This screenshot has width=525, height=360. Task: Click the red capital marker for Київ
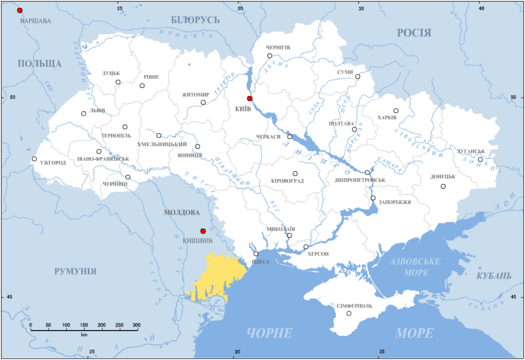[249, 98]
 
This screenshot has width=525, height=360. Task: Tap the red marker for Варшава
[20, 11]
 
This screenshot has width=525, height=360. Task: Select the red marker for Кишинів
[203, 231]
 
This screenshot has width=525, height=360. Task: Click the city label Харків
[387, 117]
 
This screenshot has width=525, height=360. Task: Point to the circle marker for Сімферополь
[349, 314]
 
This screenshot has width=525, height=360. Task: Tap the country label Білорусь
[195, 20]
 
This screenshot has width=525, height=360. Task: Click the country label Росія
[414, 33]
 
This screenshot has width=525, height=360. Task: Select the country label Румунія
[75, 271]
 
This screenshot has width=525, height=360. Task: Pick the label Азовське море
[415, 267]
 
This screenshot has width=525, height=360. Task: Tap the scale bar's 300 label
[137, 325]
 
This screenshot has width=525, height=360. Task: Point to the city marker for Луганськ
[480, 160]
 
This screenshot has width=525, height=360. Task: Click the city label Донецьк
[443, 177]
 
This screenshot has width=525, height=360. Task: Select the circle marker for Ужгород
[34, 159]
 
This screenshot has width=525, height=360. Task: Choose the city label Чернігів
[278, 47]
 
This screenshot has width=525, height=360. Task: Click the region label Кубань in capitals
[494, 276]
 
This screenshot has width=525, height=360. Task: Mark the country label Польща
[40, 64]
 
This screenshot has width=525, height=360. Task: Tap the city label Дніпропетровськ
[359, 180]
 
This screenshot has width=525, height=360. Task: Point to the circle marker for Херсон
[306, 247]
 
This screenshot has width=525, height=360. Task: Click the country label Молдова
[182, 212]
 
